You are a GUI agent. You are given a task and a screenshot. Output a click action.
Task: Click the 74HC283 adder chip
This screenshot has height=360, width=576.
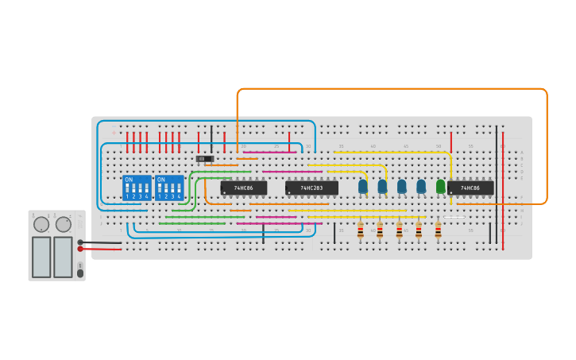click(x=311, y=188)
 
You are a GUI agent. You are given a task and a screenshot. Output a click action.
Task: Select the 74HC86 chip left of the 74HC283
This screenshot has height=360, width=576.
click(x=243, y=188)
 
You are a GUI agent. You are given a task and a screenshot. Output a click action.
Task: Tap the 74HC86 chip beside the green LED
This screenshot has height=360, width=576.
click(x=470, y=188)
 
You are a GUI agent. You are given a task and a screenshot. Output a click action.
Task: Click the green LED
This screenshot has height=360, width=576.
click(x=440, y=186)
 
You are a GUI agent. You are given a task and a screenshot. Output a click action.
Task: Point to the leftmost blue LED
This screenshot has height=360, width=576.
click(x=363, y=186)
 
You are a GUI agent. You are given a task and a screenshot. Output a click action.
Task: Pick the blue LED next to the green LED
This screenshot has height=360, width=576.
click(x=421, y=186)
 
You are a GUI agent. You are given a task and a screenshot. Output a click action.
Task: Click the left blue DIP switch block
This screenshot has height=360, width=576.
click(x=137, y=188)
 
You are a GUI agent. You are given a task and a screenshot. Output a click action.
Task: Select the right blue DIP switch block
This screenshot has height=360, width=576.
click(x=169, y=188)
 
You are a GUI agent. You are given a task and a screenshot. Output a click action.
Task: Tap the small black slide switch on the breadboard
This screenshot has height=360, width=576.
click(x=205, y=159)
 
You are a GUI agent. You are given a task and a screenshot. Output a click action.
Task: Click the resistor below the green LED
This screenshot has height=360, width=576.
click(x=438, y=230)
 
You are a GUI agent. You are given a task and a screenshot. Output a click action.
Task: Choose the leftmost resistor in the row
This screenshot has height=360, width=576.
click(x=361, y=230)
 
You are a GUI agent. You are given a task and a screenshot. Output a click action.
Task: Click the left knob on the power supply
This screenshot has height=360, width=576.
click(x=41, y=224)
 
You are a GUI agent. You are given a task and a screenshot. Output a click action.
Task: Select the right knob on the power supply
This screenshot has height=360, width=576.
click(x=64, y=224)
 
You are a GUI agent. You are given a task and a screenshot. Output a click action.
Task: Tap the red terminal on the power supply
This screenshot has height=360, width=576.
click(x=80, y=249)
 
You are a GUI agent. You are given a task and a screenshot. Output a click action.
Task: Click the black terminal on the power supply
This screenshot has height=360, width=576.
click(x=80, y=242)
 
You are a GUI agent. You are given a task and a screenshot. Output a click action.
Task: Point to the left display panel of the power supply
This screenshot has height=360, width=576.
click(x=41, y=257)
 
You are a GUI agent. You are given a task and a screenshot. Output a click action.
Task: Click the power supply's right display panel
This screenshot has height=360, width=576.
click(x=63, y=257)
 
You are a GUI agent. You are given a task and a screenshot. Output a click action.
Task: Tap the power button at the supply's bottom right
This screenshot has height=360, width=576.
click(x=79, y=273)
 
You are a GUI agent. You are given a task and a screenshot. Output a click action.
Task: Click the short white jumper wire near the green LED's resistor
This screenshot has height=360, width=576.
click(x=454, y=217)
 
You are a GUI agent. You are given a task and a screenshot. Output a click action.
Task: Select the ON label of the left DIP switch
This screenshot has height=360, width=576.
click(x=129, y=180)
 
